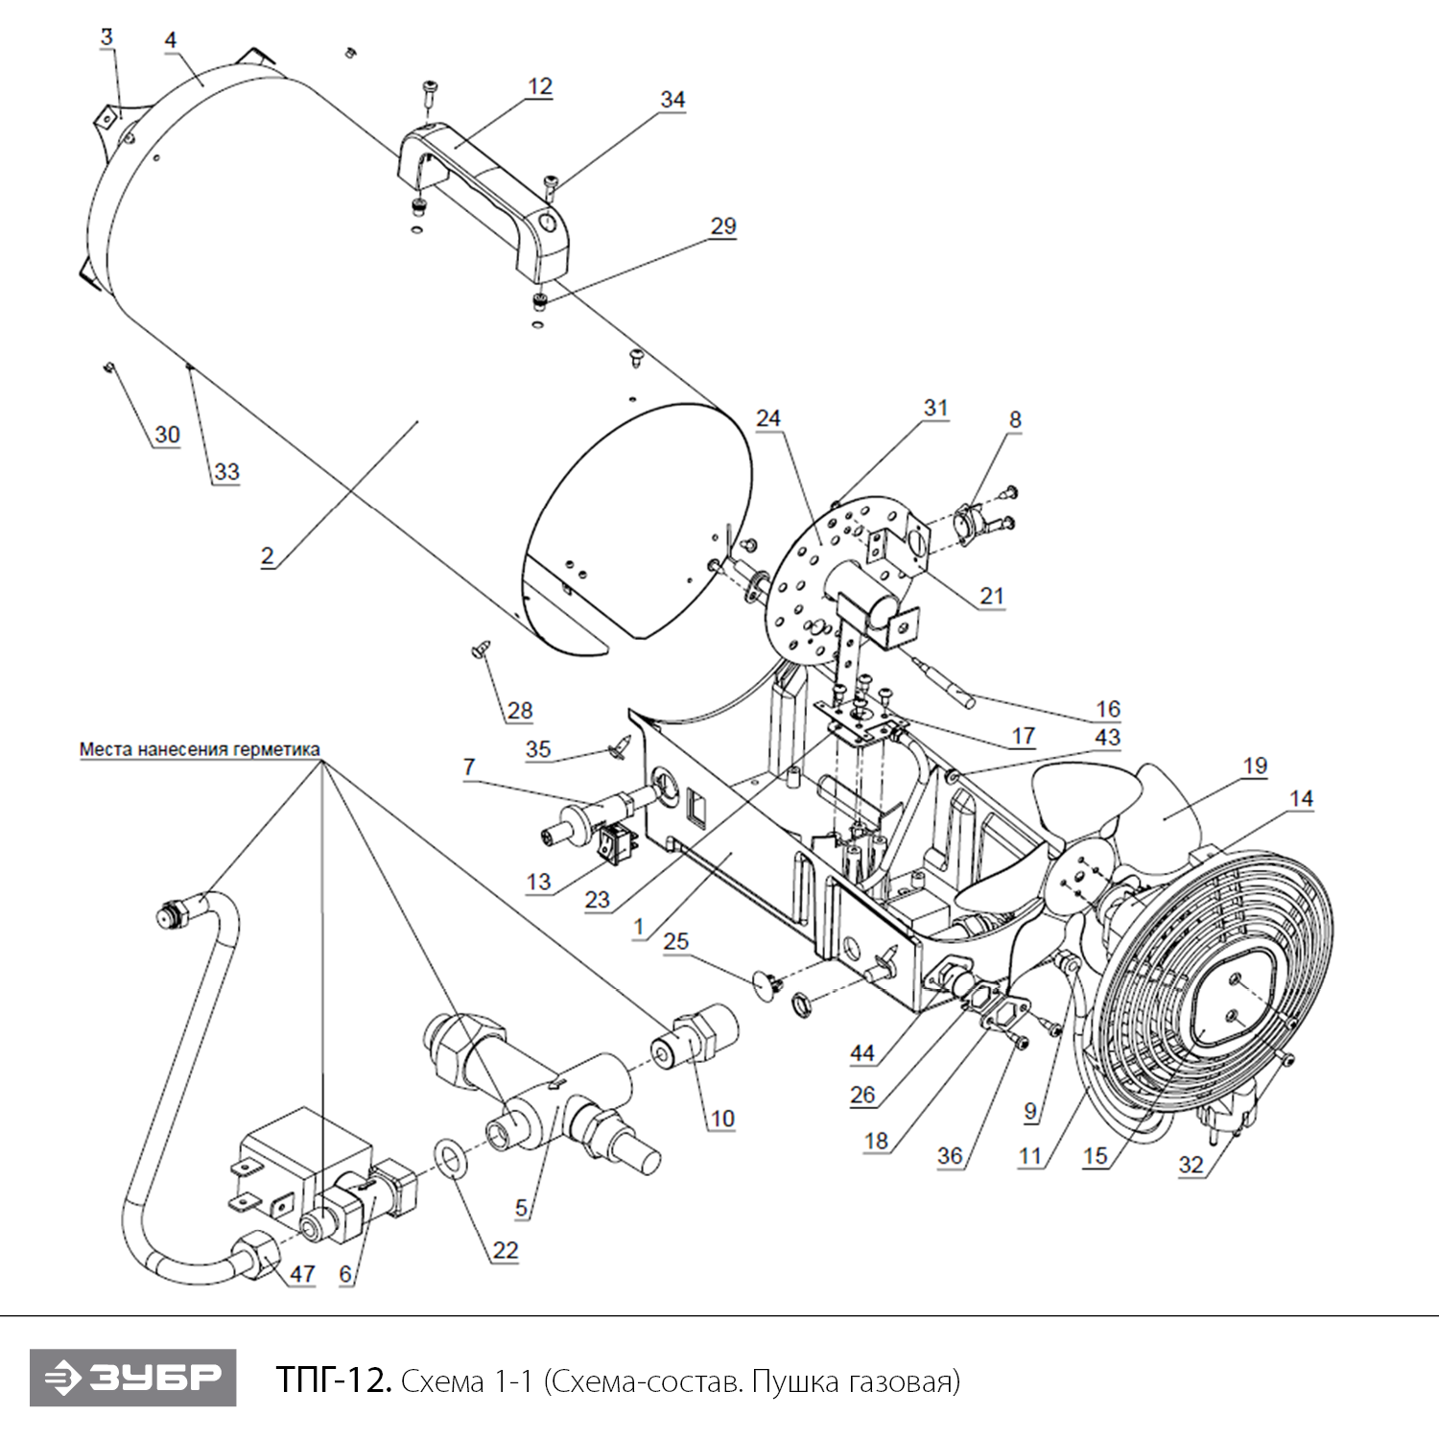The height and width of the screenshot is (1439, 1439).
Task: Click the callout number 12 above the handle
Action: (540, 86)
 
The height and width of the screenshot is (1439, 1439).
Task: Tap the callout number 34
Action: (672, 100)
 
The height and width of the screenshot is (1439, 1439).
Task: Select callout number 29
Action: (723, 226)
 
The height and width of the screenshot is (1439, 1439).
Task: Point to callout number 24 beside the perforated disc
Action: (768, 418)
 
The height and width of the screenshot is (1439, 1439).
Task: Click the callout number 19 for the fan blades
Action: (1255, 766)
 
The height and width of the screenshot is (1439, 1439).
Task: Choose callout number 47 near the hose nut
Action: (302, 1274)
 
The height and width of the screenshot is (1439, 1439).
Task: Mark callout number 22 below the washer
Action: (505, 1250)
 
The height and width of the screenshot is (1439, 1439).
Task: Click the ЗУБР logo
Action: (132, 1378)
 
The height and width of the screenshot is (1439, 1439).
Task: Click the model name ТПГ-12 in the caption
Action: (333, 1380)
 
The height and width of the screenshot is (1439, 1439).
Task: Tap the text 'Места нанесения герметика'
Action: (200, 749)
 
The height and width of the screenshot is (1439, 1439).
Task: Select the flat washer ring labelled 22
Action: (451, 1158)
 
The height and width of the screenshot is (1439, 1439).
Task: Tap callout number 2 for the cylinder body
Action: (267, 555)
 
